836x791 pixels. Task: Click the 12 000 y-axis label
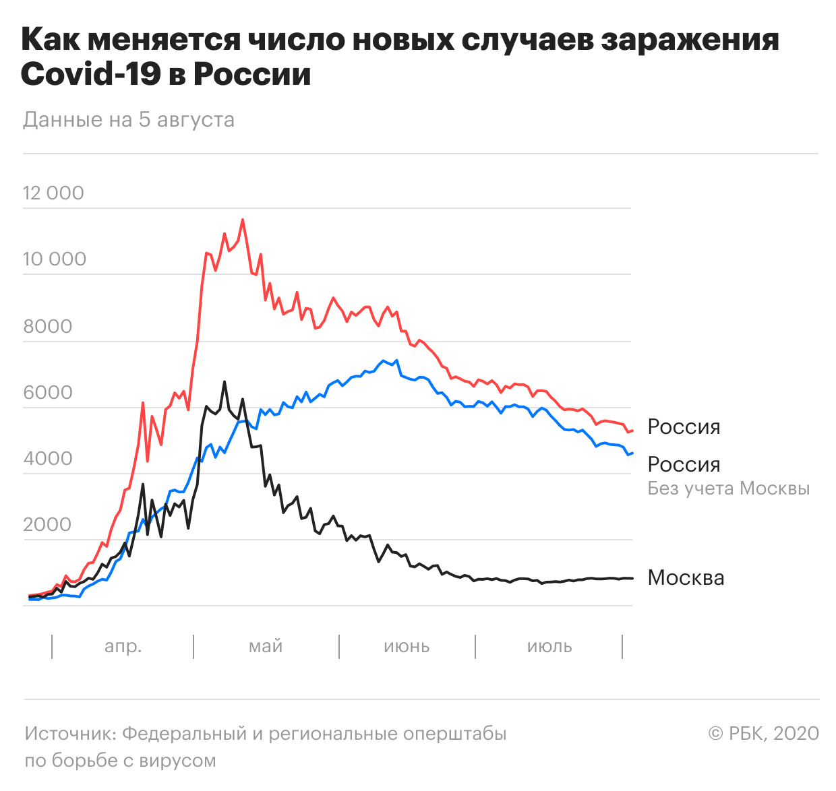(x=53, y=193)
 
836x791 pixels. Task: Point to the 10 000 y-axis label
(x=55, y=259)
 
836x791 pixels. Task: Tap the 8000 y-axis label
(x=47, y=326)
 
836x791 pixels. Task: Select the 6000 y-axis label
(x=47, y=392)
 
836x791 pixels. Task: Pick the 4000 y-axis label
(x=47, y=458)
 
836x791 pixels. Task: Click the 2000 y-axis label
(x=47, y=524)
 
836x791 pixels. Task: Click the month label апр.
(x=123, y=646)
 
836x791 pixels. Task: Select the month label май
(x=266, y=646)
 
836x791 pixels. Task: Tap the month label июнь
(x=407, y=646)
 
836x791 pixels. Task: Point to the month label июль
(x=549, y=646)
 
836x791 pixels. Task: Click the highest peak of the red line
(x=243, y=220)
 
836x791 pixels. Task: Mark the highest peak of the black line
(x=225, y=382)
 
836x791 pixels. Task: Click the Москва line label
(x=686, y=577)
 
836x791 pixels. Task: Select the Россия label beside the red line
(x=684, y=426)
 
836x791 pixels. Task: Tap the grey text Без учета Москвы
(x=728, y=488)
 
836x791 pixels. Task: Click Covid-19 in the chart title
(x=90, y=74)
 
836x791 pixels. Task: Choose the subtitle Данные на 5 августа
(x=129, y=120)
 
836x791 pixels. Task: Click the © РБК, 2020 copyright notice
(x=763, y=733)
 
